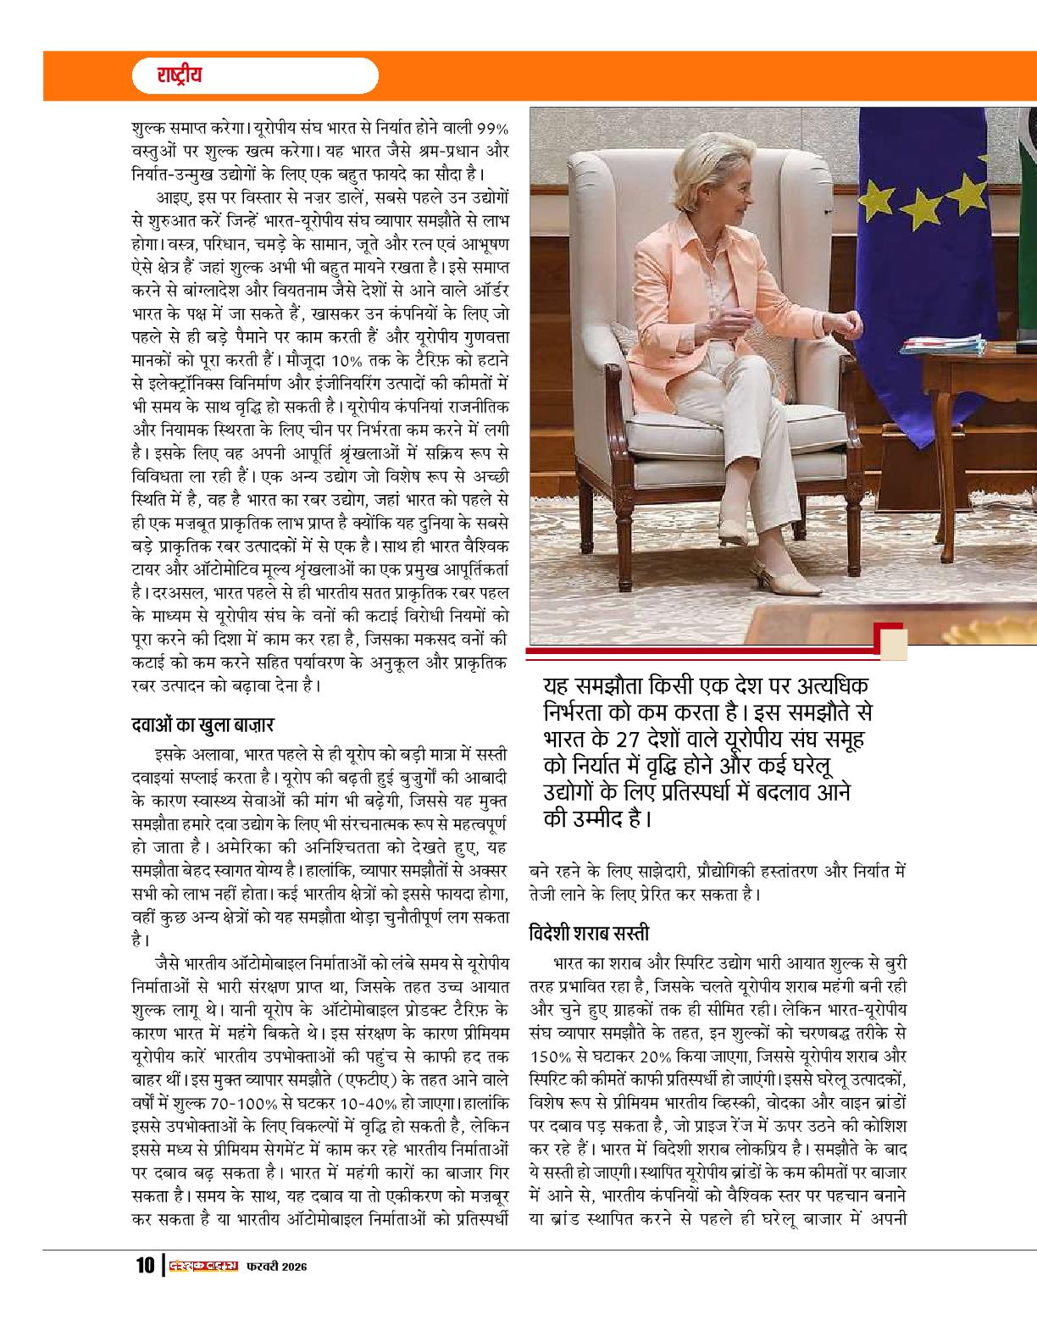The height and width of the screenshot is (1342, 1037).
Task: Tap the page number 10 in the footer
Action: coord(142,1290)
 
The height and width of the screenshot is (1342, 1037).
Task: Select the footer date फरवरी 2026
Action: coord(276,1290)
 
